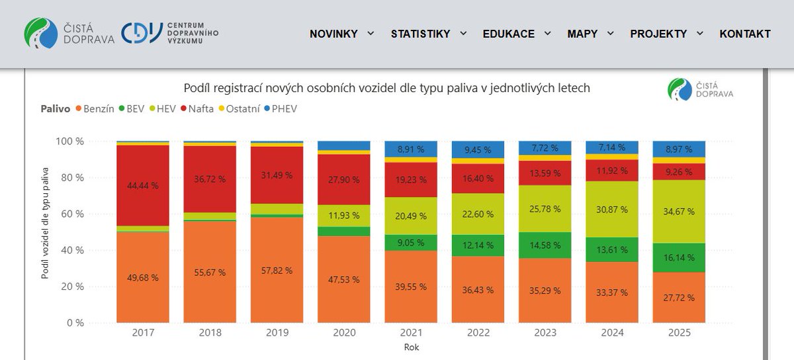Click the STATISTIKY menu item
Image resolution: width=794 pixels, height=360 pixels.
pos(421,34)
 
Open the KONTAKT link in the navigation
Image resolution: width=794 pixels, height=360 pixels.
pos(745,34)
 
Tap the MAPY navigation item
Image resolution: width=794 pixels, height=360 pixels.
pos(582,34)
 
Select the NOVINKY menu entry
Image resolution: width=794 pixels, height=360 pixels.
pos(333,34)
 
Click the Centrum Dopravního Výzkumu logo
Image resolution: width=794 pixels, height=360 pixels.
pos(169,32)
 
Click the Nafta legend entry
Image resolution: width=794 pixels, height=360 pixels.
pos(196,109)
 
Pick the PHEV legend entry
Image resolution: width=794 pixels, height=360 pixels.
pos(281,109)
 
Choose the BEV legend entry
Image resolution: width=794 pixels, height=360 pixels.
pos(131,109)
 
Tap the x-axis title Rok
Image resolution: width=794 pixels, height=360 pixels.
pos(411,346)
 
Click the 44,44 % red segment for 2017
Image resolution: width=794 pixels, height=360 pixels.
pos(143,185)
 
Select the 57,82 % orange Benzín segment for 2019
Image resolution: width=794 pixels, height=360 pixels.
pos(277,271)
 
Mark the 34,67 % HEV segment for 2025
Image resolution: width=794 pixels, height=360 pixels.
pos(679,212)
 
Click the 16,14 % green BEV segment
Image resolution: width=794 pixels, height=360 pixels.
pos(679,257)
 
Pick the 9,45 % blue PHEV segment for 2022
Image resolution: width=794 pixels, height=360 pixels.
pos(478,150)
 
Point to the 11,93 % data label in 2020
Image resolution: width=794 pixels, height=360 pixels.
pos(344,215)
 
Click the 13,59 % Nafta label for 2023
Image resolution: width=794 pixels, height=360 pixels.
pos(545,173)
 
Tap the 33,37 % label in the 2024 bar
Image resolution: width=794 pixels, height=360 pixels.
pos(611,292)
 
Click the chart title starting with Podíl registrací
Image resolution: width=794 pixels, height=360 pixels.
pos(386,88)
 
